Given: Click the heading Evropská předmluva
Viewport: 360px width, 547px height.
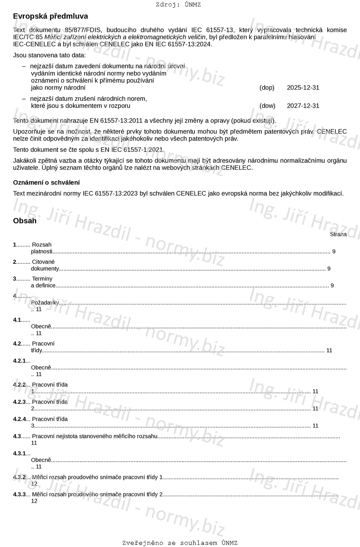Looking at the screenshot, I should coord(50,16).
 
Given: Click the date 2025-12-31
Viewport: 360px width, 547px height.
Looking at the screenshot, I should coord(303,88).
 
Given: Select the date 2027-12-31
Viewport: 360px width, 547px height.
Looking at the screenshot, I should coord(303,106).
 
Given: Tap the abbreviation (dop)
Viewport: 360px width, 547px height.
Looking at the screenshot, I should coord(267,88).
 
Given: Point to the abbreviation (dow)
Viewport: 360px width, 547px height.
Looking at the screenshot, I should coord(267,106).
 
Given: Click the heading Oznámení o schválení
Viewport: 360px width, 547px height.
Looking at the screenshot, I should coord(46,182).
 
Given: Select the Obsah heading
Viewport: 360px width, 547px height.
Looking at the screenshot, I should coord(25,221).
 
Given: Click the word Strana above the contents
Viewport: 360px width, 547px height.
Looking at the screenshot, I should coord(338,234).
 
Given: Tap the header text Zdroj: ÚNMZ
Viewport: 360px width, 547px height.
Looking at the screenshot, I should coord(178,5).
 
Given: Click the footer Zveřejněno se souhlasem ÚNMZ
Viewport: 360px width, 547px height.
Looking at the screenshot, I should coord(180,543).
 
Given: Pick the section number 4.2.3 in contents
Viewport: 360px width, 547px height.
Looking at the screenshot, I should coord(19,402).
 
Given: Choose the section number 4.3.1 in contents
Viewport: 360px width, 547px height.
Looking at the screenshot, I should coord(19,453).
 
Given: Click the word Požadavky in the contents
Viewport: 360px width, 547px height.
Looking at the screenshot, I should coord(45,303).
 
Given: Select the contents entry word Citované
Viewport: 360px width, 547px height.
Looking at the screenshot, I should coord(44,262).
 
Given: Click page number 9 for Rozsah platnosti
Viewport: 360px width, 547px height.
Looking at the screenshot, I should coord(334,251).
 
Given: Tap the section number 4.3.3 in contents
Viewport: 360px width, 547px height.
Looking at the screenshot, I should coord(19,494).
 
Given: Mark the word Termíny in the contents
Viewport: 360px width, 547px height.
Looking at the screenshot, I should coord(42,278).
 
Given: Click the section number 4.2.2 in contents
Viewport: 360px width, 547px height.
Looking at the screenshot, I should coord(19,384).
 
